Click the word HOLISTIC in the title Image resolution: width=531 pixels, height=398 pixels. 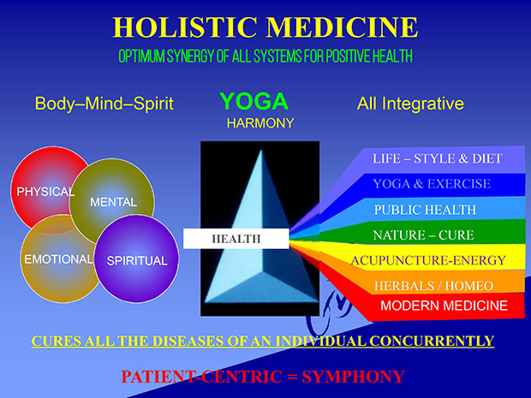pyautogui.click(x=185, y=27)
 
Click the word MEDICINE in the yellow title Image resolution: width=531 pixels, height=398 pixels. pyautogui.click(x=342, y=27)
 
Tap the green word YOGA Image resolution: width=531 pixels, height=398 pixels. pyautogui.click(x=254, y=101)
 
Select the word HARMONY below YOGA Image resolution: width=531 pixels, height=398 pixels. pyautogui.click(x=260, y=123)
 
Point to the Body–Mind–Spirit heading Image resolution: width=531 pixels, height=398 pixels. pyautogui.click(x=104, y=104)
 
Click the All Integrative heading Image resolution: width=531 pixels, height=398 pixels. pyautogui.click(x=410, y=104)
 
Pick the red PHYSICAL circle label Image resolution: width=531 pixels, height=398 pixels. pyautogui.click(x=45, y=192)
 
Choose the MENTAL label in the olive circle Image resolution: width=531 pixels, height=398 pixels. pyautogui.click(x=113, y=202)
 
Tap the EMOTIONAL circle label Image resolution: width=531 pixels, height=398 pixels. pyautogui.click(x=58, y=259)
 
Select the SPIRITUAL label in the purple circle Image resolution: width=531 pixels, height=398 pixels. pyautogui.click(x=137, y=260)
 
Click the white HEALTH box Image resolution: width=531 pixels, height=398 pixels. pyautogui.click(x=236, y=239)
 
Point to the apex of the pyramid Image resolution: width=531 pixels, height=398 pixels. pyautogui.click(x=261, y=150)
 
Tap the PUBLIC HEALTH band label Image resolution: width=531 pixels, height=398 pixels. pyautogui.click(x=425, y=210)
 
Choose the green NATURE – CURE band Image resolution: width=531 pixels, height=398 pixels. pyautogui.click(x=423, y=235)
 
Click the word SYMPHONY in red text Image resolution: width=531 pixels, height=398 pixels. pyautogui.click(x=353, y=377)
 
